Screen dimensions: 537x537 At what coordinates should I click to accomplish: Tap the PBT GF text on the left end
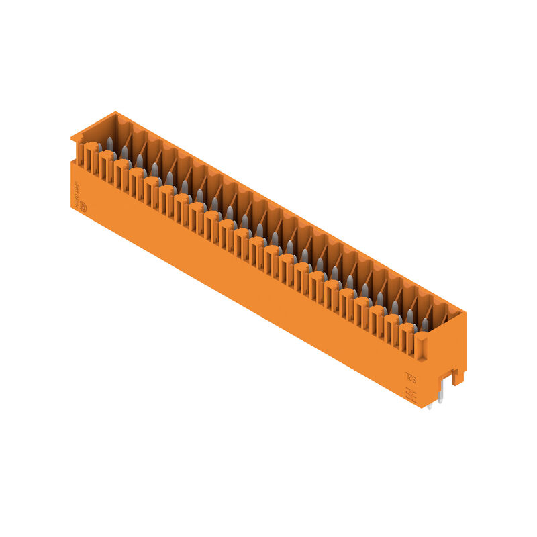(x=77, y=191)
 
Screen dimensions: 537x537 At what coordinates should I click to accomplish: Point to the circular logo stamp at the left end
(x=84, y=207)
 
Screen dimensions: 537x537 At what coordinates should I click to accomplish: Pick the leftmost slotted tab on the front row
(x=91, y=158)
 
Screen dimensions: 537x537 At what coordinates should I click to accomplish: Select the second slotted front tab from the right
(x=393, y=330)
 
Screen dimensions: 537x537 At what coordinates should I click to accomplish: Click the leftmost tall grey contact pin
(x=109, y=144)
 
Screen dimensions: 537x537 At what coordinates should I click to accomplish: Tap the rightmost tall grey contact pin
(x=424, y=325)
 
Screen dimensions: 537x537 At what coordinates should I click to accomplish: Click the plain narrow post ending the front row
(x=422, y=347)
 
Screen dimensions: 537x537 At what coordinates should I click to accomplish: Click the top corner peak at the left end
(x=115, y=113)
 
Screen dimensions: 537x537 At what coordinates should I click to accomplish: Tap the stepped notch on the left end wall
(x=76, y=140)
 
